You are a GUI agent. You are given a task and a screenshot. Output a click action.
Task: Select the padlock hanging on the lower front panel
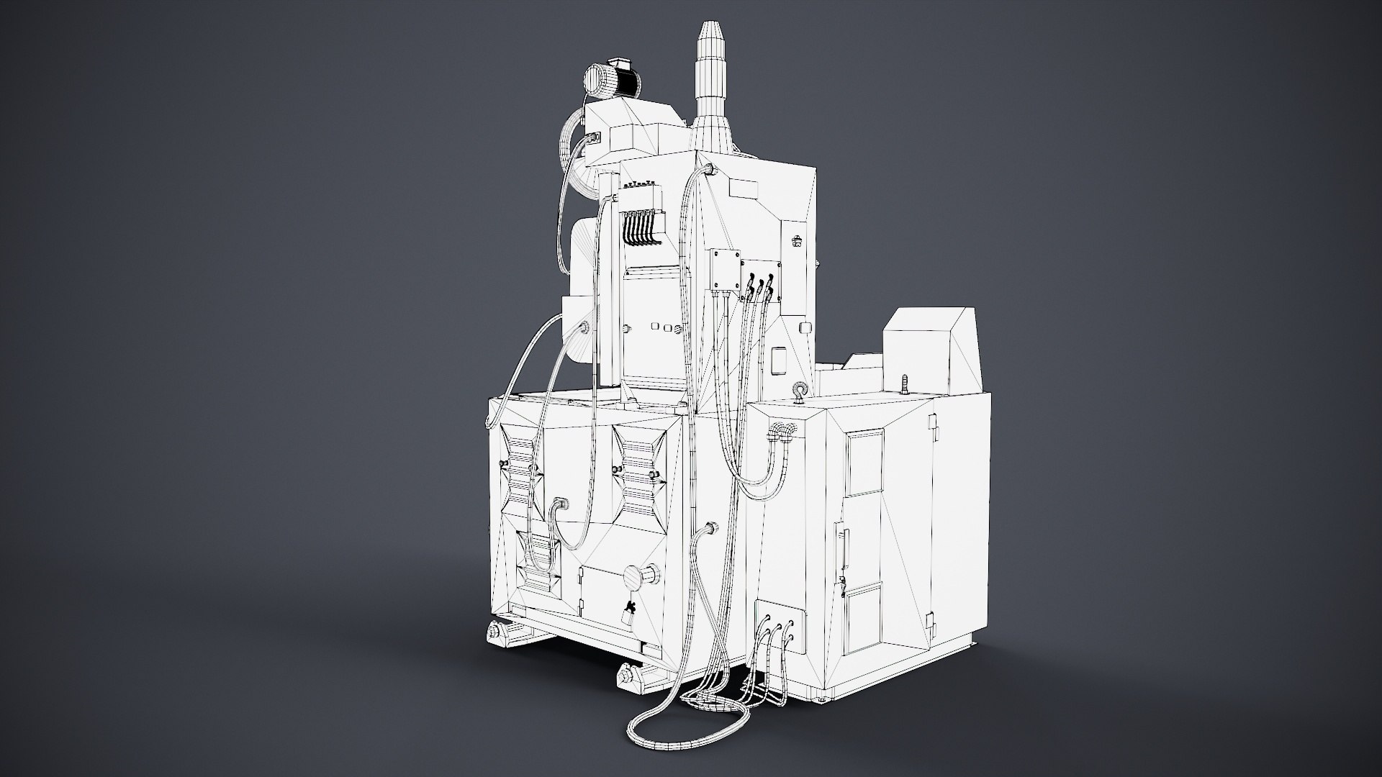point(628,615)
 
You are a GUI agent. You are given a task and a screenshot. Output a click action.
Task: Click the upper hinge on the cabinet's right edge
point(935,431)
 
